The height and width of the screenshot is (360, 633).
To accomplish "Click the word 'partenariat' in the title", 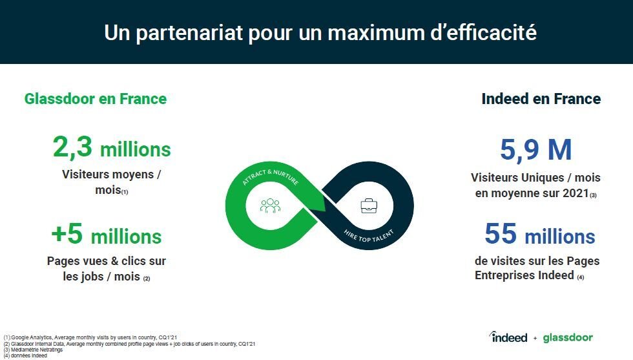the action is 189,33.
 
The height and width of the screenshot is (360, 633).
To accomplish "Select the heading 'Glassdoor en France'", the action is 96,99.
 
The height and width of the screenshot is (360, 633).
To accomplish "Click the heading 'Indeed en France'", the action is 541,99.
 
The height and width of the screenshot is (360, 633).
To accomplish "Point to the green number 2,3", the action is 72,147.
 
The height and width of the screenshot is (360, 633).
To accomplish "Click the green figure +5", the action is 67,233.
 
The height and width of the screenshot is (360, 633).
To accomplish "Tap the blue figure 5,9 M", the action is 536,150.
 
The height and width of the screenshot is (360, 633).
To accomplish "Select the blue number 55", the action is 501,233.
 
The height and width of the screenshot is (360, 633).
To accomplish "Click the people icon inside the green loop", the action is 270,206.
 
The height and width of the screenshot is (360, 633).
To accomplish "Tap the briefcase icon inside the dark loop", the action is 369,206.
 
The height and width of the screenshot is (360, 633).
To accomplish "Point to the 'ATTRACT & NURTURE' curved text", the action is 271,177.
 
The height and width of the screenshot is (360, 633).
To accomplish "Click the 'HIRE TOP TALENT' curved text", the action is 369,236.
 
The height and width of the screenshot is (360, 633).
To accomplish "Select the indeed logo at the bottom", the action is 508,337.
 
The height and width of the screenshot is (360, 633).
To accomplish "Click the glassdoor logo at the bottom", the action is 568,337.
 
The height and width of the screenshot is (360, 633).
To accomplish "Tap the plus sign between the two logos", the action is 535,338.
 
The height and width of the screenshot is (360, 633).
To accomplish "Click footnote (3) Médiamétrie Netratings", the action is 33,350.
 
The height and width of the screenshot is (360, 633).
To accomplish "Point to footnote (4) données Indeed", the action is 25,356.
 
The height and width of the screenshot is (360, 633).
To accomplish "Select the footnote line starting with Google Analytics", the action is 90,337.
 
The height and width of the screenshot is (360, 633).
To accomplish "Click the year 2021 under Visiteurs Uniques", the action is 576,193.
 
